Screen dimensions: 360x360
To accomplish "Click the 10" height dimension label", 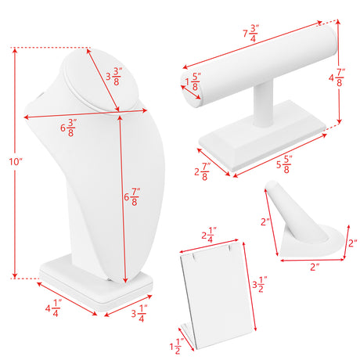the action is pos(16,162).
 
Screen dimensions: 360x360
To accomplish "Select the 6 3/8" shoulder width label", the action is pos(69,128).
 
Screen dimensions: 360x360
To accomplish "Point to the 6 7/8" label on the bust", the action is pos(132,196).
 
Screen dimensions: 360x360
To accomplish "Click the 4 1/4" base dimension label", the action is pos(53,308).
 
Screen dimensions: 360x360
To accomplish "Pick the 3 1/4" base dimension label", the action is pos(139,313).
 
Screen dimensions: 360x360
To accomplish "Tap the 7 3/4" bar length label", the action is pos(250,33).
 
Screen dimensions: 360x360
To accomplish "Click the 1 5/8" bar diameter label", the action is pos(193,81).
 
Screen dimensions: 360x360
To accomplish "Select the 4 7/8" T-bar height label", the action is pos(337,77).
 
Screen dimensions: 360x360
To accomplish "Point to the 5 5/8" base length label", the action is pos(284,164).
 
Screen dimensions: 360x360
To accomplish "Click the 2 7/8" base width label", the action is pos(203,171).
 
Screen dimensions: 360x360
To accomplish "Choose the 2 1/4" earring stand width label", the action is pos(209,235).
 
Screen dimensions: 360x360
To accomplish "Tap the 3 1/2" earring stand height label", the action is pos(260,284).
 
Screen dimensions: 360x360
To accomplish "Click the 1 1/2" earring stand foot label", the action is pos(177,347).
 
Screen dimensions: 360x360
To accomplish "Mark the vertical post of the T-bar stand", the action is pos(264,104).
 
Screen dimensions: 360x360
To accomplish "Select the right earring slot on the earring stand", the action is pos(229,248).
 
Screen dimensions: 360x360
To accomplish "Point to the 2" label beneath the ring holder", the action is pos(315,267).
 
